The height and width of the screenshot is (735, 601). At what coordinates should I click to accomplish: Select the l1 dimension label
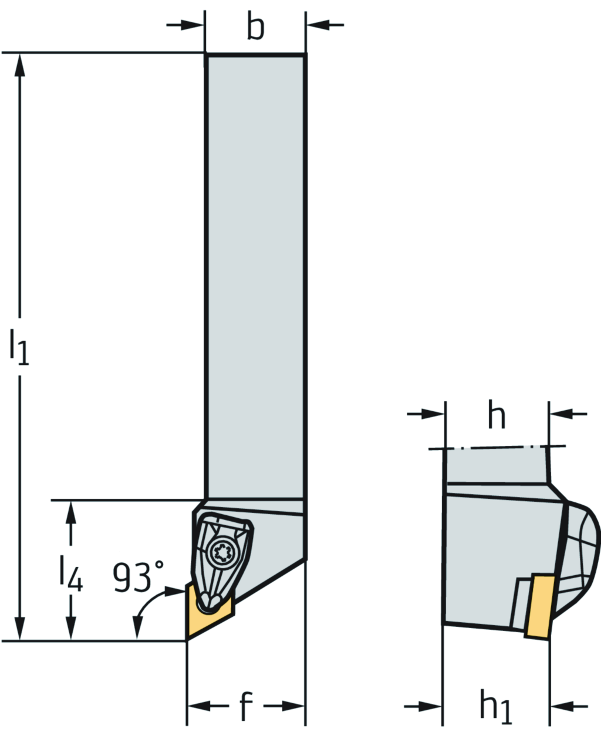19,347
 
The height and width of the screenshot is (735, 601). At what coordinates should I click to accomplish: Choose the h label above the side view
497,414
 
